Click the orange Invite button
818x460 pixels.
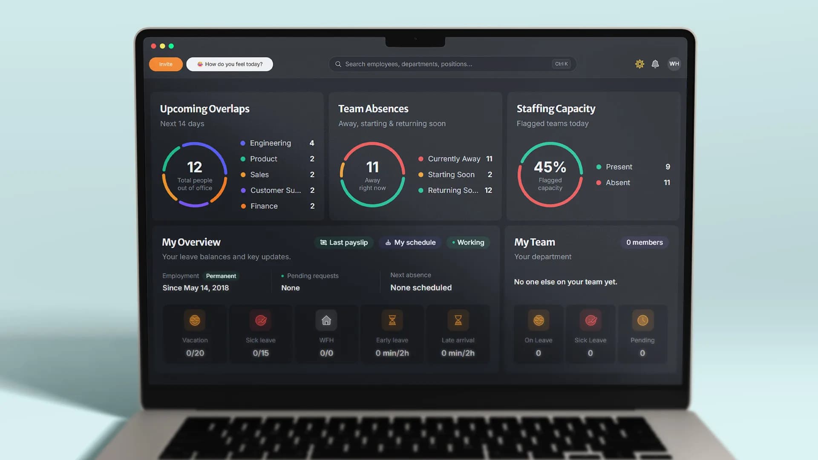point(166,64)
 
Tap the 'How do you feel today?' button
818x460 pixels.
point(230,64)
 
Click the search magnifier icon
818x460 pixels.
point(338,64)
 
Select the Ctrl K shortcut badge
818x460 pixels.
point(562,64)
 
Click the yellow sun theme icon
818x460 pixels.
point(639,64)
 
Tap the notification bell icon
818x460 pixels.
point(655,64)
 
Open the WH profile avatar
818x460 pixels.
point(674,64)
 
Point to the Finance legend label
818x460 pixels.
point(264,206)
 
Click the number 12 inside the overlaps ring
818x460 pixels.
point(195,167)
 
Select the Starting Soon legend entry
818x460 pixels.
point(455,175)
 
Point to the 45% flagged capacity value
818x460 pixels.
point(550,167)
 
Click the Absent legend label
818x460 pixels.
point(618,183)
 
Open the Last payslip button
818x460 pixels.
point(344,242)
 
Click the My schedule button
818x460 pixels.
point(410,242)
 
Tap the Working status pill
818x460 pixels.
point(468,242)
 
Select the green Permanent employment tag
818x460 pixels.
point(221,276)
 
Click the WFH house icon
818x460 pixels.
point(326,320)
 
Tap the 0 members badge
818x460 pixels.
point(645,242)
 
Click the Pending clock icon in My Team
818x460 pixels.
point(642,320)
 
